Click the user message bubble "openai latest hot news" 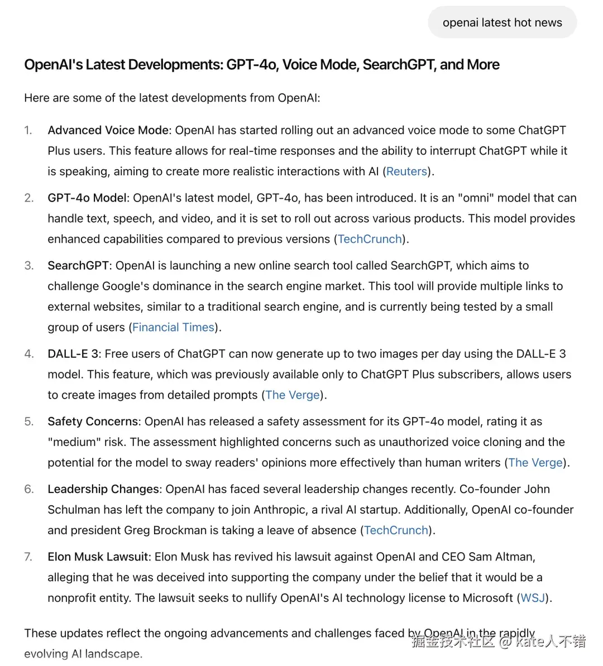click(x=502, y=23)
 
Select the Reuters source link click(x=406, y=171)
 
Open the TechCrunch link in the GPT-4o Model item click(x=370, y=239)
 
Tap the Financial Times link click(x=173, y=327)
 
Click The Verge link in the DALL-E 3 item click(x=293, y=395)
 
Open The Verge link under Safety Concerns click(x=535, y=462)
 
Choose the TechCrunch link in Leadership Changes click(x=396, y=530)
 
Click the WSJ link click(x=532, y=597)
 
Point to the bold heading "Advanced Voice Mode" click(x=108, y=130)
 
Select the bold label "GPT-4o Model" click(x=88, y=198)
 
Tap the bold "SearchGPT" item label click(x=78, y=265)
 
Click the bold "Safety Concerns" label click(x=93, y=421)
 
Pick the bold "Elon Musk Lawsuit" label click(x=98, y=556)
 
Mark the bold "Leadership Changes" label click(x=103, y=488)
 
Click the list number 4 click(x=28, y=354)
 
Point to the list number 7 click(x=28, y=557)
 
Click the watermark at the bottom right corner click(x=499, y=641)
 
